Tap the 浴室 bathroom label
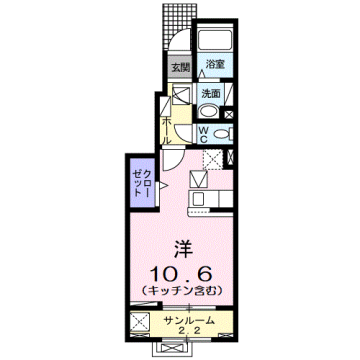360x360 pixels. [x=214, y=64]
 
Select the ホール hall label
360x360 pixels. [x=168, y=129]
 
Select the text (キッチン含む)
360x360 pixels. [x=180, y=290]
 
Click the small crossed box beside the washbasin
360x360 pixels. [x=182, y=99]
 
